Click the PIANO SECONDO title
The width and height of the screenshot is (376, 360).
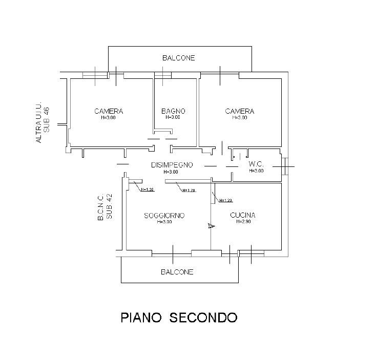tap(179, 317)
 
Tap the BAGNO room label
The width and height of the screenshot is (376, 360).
tap(173, 111)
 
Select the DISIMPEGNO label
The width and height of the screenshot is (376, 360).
tap(172, 165)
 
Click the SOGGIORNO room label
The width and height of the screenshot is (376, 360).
tap(164, 216)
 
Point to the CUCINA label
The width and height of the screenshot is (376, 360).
tap(243, 215)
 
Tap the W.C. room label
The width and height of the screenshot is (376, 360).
tap(256, 164)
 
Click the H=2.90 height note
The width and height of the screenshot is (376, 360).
tap(243, 222)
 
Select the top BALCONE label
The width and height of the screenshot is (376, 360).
tap(179, 58)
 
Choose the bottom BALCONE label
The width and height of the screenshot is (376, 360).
tap(177, 272)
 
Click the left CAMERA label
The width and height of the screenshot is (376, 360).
tap(109, 111)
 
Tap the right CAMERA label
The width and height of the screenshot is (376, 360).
tap(240, 111)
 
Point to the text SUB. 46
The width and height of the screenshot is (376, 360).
tap(46, 119)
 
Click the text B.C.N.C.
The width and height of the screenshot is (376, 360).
tap(100, 207)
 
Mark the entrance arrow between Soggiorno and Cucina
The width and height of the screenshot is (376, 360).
tap(211, 226)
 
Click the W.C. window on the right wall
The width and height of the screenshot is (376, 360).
tap(285, 166)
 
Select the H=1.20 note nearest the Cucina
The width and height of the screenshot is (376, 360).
tap(225, 201)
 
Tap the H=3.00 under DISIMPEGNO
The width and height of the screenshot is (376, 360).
tap(171, 172)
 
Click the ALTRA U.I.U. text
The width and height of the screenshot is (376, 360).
tap(38, 122)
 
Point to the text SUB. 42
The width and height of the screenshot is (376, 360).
tap(109, 206)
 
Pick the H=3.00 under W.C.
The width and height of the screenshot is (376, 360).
tap(256, 171)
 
